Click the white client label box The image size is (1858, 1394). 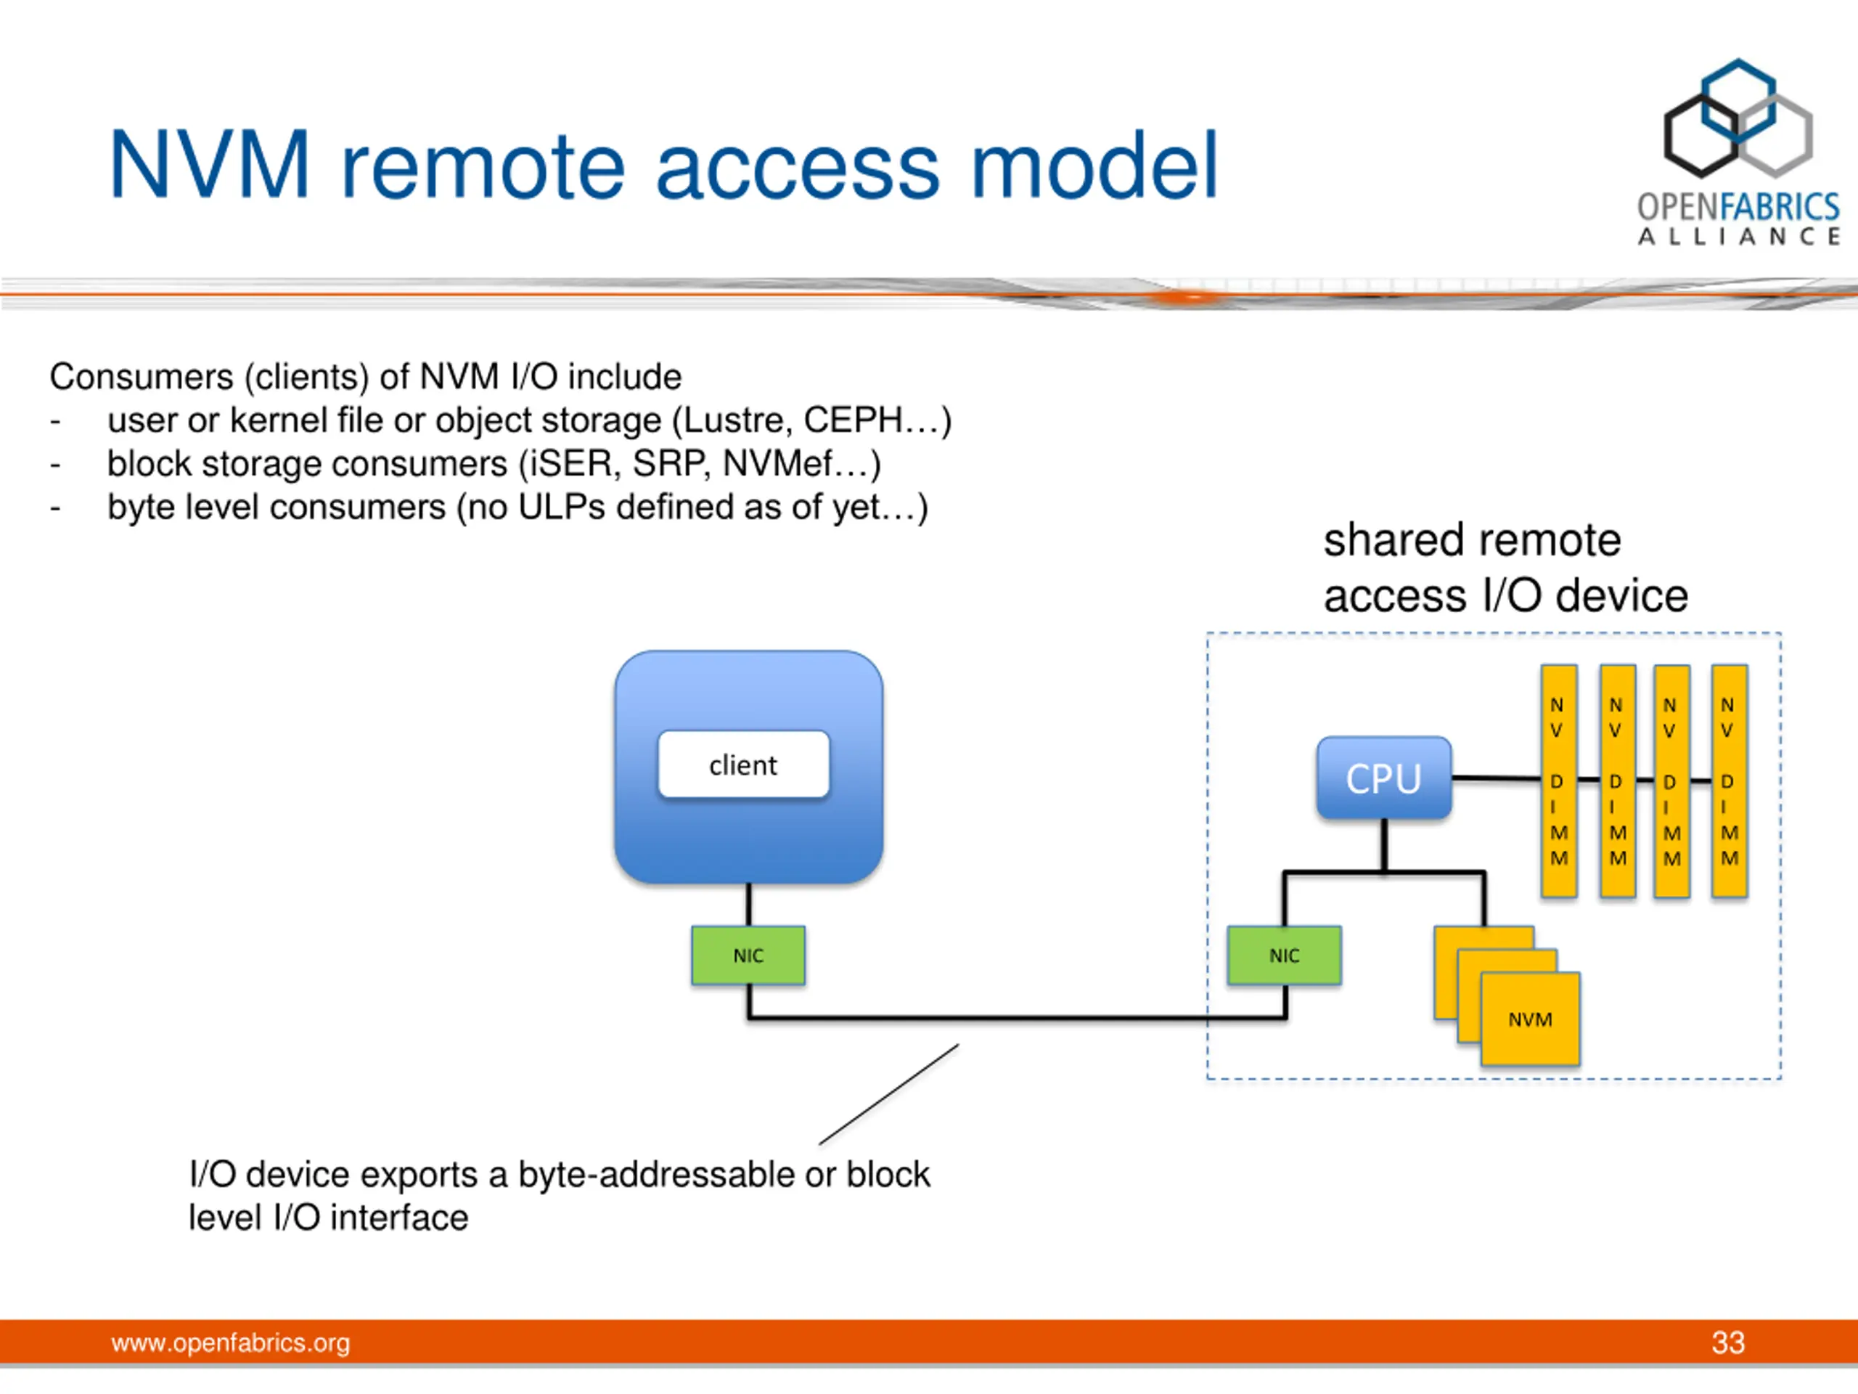(x=743, y=764)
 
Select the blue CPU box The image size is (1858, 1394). (x=1383, y=778)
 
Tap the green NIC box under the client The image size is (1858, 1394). (x=748, y=955)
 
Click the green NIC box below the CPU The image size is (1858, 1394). (x=1283, y=955)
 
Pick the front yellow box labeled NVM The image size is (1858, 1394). (x=1529, y=1019)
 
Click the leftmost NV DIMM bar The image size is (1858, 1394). (x=1558, y=781)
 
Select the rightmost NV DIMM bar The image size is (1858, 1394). (x=1730, y=781)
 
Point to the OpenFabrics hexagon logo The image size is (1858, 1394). (x=1738, y=118)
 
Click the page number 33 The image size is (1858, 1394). (x=1728, y=1342)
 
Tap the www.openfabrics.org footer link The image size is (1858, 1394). (x=230, y=1342)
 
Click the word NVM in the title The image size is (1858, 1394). (x=210, y=165)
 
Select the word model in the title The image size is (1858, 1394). (x=1094, y=165)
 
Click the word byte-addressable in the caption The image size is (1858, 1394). (x=655, y=1175)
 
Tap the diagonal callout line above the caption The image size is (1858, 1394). (x=888, y=1094)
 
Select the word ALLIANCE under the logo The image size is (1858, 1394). (x=1739, y=236)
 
